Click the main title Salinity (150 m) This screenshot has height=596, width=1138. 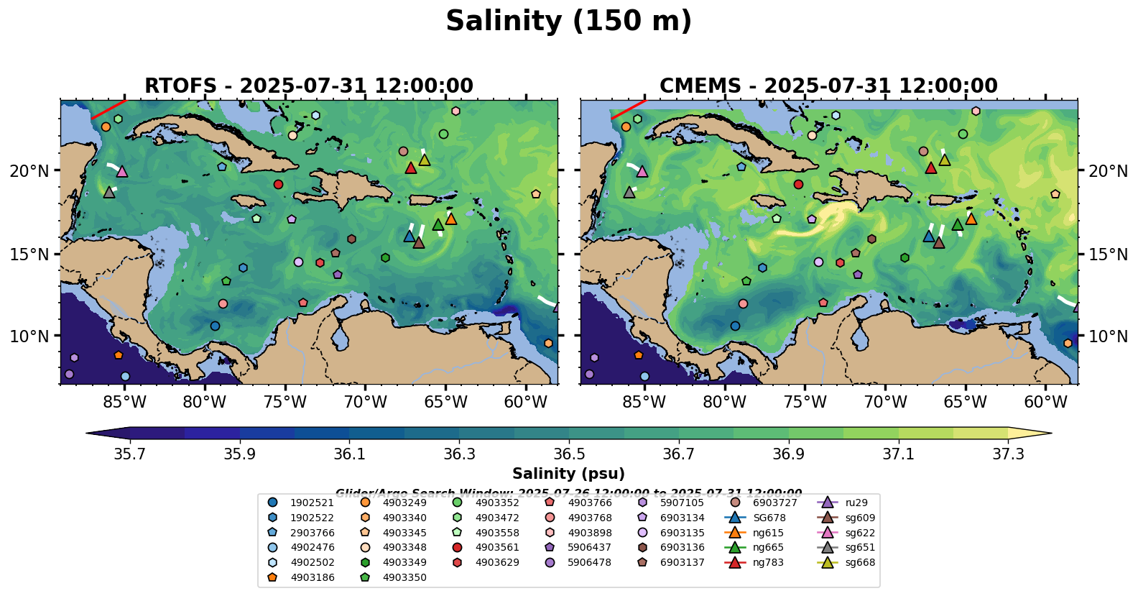pos(568,22)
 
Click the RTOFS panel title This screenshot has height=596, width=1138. pos(309,86)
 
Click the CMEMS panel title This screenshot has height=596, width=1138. pos(828,86)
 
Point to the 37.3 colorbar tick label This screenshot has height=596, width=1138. pos(1008,454)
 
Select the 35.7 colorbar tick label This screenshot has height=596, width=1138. pos(130,454)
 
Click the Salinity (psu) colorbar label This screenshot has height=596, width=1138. pos(568,474)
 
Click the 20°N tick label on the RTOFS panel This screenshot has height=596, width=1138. pos(30,171)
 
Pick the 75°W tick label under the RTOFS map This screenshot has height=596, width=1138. pos(285,402)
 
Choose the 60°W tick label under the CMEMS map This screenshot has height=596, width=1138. pos(1045,402)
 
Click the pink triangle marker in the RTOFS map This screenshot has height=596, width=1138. pos(122,172)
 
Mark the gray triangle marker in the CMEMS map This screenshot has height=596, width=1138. pos(629,193)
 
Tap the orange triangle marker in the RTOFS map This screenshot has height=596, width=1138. pos(451,219)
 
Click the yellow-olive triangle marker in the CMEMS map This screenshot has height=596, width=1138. pos(945,160)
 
